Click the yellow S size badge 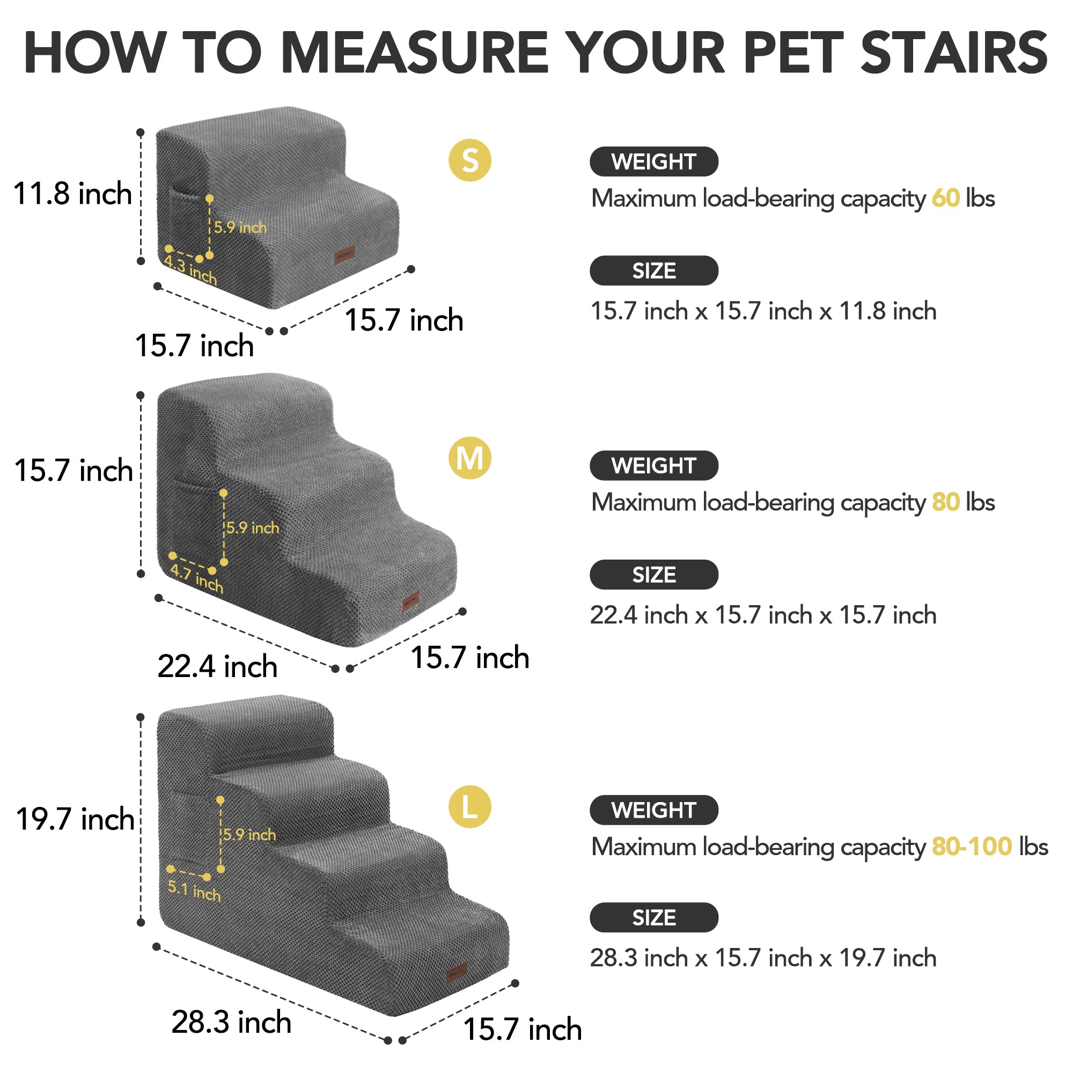[470, 160]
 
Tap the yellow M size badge [470, 458]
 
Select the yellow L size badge [470, 807]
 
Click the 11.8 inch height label [72, 193]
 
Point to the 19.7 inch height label [75, 819]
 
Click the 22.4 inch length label [217, 666]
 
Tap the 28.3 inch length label [231, 1022]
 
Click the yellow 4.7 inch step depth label [196, 578]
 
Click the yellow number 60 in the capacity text [946, 199]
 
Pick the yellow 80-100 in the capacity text [972, 847]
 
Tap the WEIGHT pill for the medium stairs [653, 465]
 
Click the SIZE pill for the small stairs [653, 270]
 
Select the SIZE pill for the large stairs [653, 917]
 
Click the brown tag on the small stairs [344, 255]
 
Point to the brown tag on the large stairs [457, 972]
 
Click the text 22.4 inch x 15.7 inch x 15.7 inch [763, 615]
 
